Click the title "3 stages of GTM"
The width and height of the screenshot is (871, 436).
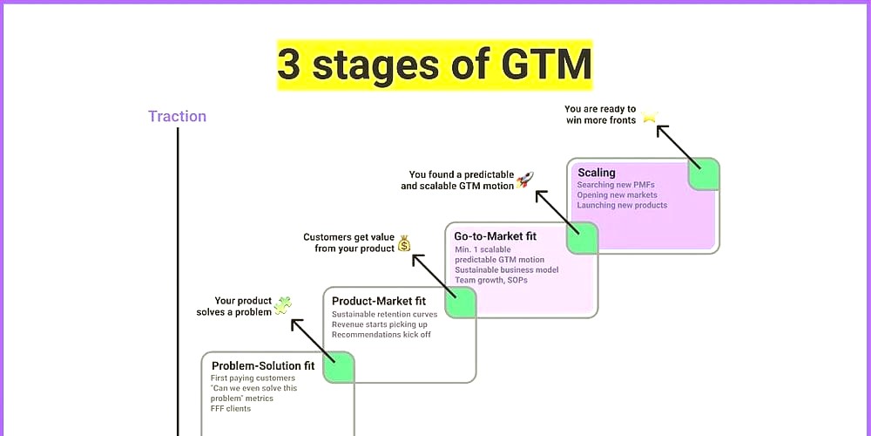[435, 65]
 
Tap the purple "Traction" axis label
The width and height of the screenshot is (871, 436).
[177, 116]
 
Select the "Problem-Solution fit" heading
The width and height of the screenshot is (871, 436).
[263, 366]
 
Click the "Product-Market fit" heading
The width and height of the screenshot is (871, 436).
[379, 302]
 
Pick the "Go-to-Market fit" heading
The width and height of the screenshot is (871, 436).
[496, 236]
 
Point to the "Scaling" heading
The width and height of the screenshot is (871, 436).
[597, 173]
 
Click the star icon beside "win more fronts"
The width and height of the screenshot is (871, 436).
[650, 117]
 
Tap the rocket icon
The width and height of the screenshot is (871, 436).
[525, 180]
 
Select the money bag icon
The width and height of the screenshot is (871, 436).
[404, 243]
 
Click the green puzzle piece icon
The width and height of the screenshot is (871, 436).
[282, 305]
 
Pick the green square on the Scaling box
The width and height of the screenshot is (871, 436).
[704, 174]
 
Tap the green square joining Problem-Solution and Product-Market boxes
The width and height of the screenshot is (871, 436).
[339, 367]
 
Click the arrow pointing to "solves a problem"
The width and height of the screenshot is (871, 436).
[314, 341]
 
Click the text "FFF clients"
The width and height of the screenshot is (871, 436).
[231, 409]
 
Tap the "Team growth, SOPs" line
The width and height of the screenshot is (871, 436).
[491, 280]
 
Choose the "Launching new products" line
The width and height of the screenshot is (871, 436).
[622, 205]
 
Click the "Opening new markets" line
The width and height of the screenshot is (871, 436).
[618, 195]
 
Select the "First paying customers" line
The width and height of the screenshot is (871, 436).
[253, 378]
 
